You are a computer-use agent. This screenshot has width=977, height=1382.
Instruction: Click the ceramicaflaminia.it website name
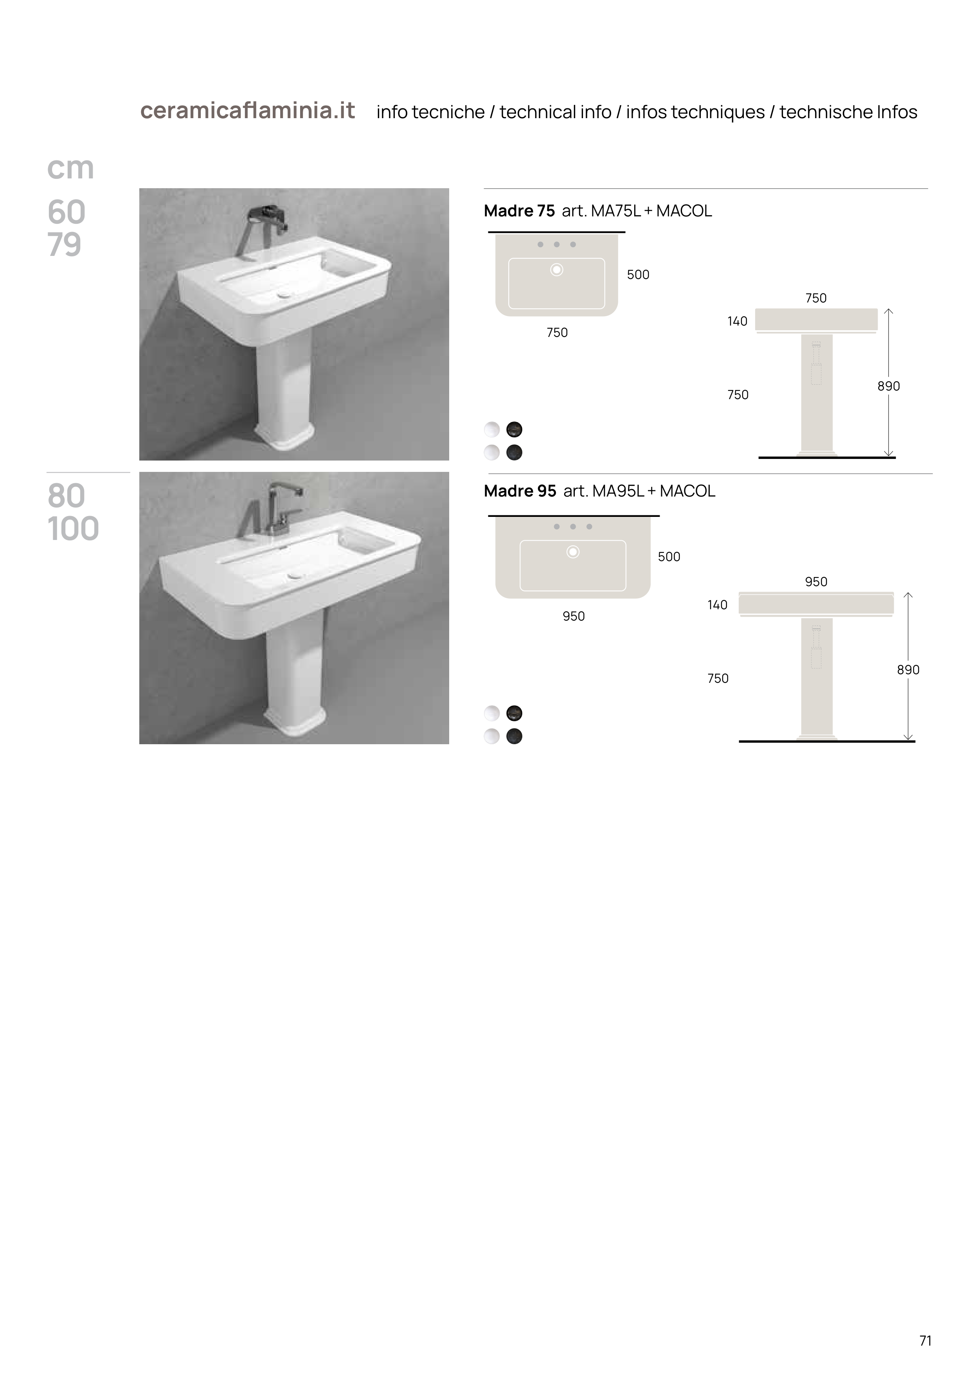(x=247, y=111)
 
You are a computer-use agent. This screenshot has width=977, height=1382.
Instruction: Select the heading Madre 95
(x=520, y=491)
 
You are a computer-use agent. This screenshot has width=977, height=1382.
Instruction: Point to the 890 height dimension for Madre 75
(x=889, y=386)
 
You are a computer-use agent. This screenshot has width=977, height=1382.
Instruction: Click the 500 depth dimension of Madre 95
(x=669, y=557)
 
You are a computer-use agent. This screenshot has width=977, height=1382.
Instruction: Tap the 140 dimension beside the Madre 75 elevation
(x=738, y=321)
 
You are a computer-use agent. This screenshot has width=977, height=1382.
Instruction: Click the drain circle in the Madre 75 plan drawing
(x=557, y=270)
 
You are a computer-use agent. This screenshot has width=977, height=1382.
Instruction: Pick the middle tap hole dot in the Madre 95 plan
(x=573, y=527)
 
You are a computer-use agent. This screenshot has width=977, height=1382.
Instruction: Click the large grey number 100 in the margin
(x=73, y=529)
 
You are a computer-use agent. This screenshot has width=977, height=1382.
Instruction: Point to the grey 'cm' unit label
(x=70, y=168)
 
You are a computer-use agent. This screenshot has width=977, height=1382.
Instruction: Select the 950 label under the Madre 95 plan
(x=574, y=616)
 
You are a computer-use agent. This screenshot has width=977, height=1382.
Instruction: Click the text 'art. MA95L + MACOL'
(x=639, y=491)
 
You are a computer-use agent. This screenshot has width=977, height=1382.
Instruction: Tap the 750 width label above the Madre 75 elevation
(x=816, y=298)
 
